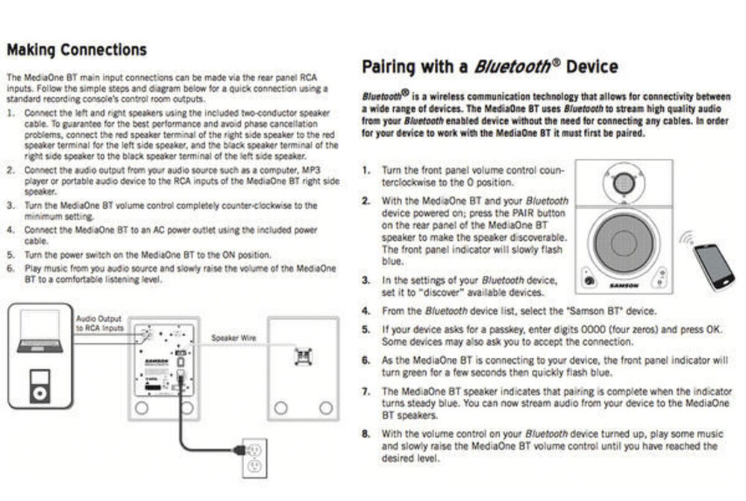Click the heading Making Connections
pyautogui.click(x=77, y=50)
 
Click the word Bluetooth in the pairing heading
pyautogui.click(x=512, y=66)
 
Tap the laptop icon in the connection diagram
pyautogui.click(x=40, y=331)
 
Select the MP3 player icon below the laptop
pyautogui.click(x=40, y=385)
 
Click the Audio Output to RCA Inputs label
pyautogui.click(x=99, y=324)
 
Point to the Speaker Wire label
pyautogui.click(x=233, y=338)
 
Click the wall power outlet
pyautogui.click(x=254, y=459)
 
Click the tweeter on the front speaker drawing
pyautogui.click(x=624, y=183)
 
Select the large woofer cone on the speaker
pyautogui.click(x=623, y=243)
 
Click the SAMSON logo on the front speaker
pyautogui.click(x=624, y=286)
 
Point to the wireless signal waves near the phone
pyautogui.click(x=686, y=238)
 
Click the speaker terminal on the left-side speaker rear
pyautogui.click(x=303, y=356)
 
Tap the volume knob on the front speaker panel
pyautogui.click(x=589, y=280)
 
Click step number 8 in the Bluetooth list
pyautogui.click(x=366, y=433)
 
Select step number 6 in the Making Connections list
pyautogui.click(x=10, y=268)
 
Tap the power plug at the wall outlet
pyautogui.click(x=239, y=450)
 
